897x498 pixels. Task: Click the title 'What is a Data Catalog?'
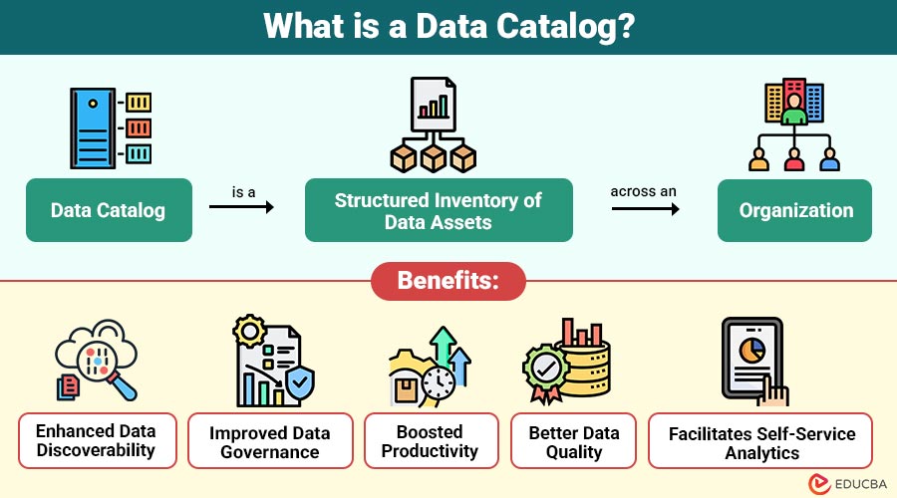pos(448,27)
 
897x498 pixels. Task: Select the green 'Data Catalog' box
pos(109,210)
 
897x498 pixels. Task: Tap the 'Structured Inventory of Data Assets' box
pos(439,210)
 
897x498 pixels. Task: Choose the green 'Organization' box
pos(795,210)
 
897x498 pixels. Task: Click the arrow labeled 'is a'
pos(241,207)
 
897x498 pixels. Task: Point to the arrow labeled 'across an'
pos(645,208)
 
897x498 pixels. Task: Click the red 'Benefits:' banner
pos(448,281)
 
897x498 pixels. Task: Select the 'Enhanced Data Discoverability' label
pos(96,440)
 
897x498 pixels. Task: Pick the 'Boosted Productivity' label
pos(430,440)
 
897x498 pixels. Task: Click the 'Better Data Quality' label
pos(574,440)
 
